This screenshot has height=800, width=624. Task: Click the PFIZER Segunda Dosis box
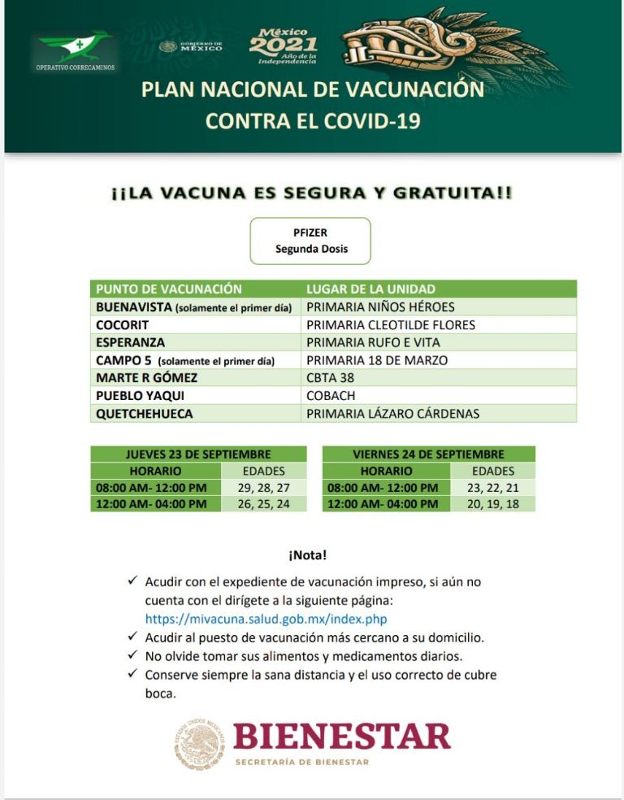click(x=310, y=241)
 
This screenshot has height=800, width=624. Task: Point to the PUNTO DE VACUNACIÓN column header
click(x=169, y=289)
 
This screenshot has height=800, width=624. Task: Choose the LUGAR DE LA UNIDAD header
click(x=370, y=289)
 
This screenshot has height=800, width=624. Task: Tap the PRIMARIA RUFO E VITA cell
click(x=373, y=342)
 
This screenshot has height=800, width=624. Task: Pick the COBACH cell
click(x=328, y=396)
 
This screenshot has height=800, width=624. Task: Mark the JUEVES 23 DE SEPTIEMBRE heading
click(x=198, y=454)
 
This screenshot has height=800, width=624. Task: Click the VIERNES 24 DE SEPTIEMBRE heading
click(x=428, y=454)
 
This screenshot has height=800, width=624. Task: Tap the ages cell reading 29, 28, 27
click(x=265, y=488)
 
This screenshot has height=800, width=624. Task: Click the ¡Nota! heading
click(x=307, y=555)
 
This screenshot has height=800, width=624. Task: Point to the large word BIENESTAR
click(x=341, y=737)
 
